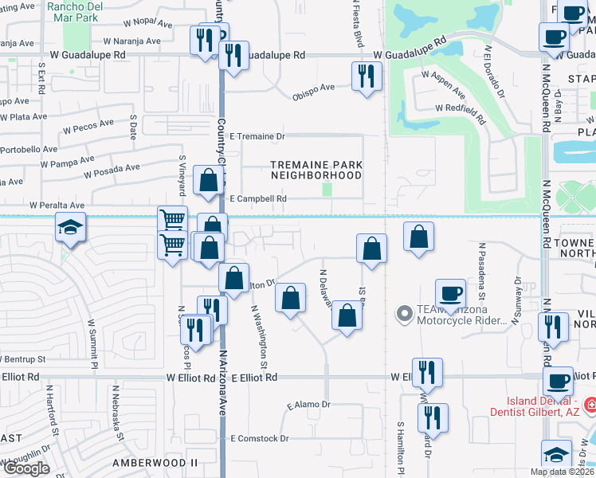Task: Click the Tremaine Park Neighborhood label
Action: click(x=316, y=170)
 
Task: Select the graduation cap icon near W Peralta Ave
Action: click(x=70, y=229)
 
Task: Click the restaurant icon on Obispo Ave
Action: click(x=366, y=76)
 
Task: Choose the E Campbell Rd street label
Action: click(x=257, y=198)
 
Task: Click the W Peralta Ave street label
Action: click(x=57, y=205)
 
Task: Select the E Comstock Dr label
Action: click(x=259, y=438)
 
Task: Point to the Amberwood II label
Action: click(x=155, y=462)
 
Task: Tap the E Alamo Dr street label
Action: click(x=307, y=405)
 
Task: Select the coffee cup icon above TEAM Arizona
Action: click(x=450, y=292)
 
